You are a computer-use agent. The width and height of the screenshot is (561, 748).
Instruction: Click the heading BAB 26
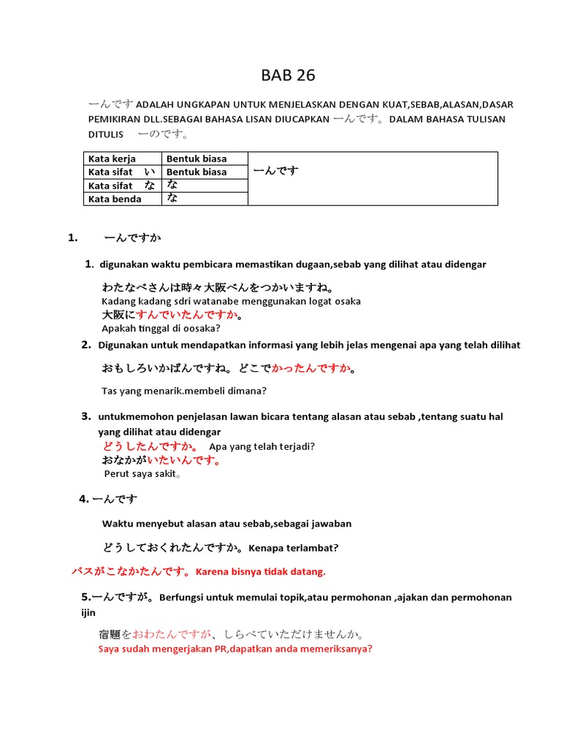click(x=289, y=75)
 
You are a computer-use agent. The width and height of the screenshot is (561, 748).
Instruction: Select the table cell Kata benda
click(x=115, y=199)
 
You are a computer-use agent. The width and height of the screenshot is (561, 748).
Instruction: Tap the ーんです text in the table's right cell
click(x=275, y=171)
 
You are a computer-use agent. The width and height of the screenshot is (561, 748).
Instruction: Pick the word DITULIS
click(x=107, y=135)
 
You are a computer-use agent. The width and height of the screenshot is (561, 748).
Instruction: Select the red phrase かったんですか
click(x=310, y=369)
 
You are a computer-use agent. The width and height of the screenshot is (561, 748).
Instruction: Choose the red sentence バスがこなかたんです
click(x=131, y=570)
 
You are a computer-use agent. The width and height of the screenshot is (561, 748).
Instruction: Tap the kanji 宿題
click(x=110, y=635)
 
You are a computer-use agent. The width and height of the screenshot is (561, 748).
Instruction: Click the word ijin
click(x=88, y=613)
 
